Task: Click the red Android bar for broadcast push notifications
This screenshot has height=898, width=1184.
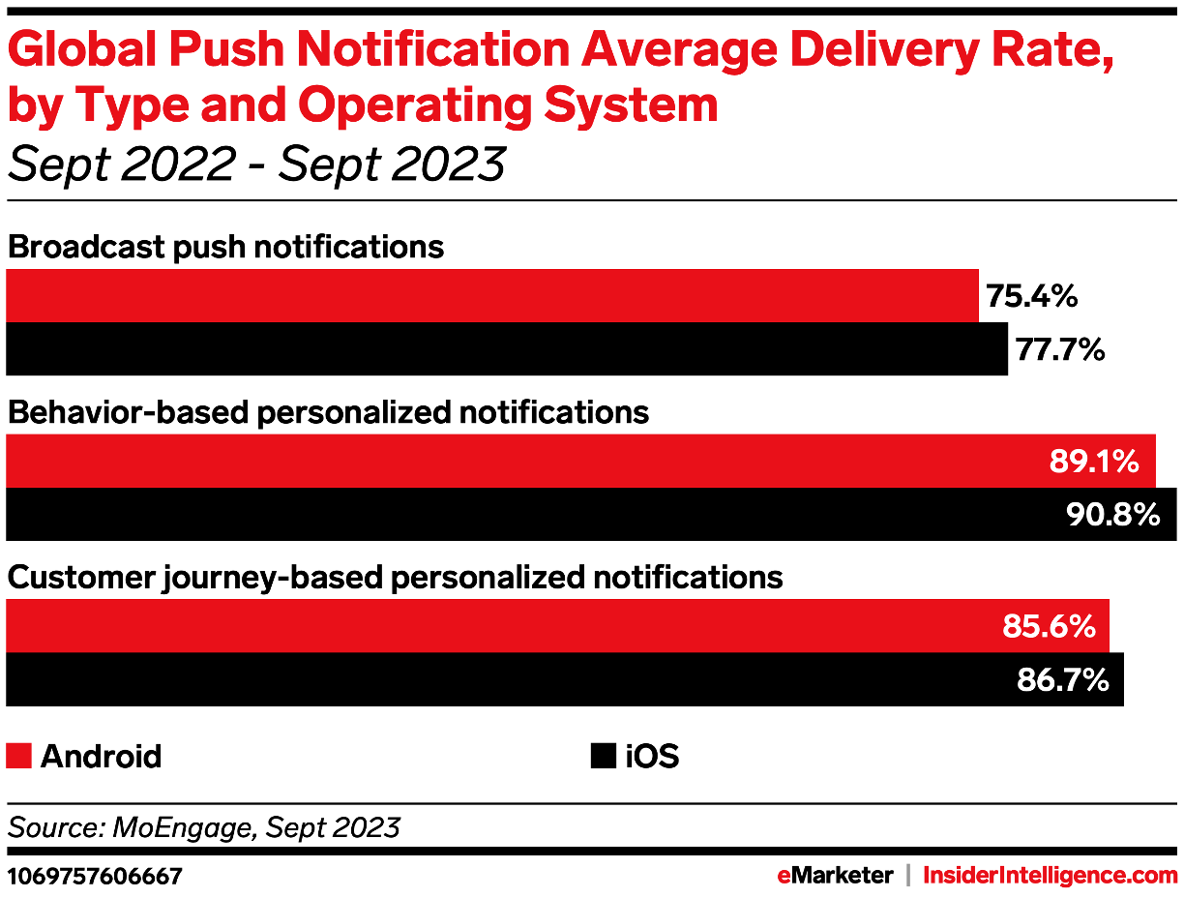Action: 492,296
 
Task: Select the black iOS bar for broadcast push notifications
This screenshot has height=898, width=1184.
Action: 507,349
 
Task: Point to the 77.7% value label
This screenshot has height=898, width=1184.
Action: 1060,349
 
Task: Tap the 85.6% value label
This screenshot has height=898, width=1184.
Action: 1049,627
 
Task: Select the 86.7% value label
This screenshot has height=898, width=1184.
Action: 1062,680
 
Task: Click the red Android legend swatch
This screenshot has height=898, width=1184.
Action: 19,756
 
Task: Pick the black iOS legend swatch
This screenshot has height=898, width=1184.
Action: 603,756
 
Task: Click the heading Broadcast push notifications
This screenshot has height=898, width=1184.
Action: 225,247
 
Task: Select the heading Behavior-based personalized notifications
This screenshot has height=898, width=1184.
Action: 328,412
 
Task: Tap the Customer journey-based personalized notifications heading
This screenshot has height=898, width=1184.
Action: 395,578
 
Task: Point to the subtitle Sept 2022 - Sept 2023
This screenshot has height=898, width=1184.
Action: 256,164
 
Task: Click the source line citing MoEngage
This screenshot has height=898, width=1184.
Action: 203,827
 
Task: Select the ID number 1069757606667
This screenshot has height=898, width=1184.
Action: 94,877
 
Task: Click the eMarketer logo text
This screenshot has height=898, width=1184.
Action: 835,876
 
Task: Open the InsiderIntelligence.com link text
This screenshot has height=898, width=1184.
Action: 1051,876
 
